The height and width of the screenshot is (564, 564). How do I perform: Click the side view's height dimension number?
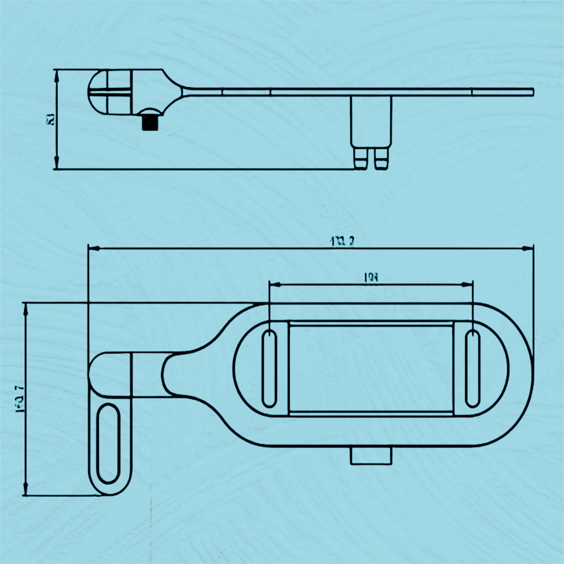(50, 118)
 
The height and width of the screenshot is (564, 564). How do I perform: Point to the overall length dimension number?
(341, 240)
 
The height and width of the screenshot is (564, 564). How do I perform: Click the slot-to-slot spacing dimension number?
(371, 278)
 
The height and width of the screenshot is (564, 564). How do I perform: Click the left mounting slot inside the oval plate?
(269, 368)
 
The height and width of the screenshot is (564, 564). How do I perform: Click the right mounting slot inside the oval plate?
(473, 368)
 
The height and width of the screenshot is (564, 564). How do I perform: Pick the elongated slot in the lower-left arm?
(107, 444)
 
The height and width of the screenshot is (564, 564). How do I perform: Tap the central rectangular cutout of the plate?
(371, 368)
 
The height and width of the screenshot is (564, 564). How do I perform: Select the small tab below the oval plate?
(371, 456)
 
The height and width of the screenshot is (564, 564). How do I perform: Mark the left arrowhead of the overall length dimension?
(93, 248)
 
